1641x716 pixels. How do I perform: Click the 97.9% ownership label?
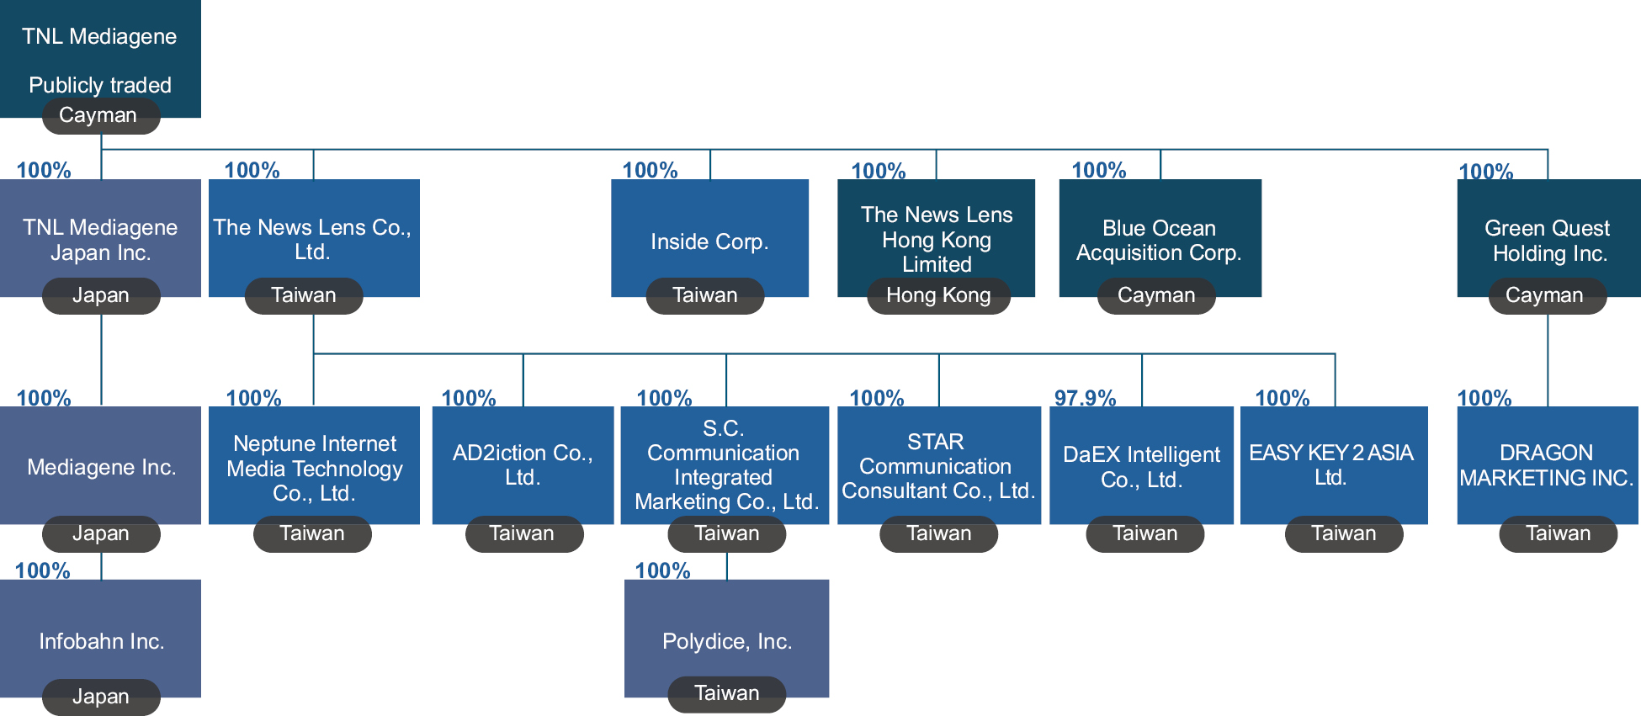point(1085,398)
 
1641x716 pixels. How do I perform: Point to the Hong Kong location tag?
point(938,296)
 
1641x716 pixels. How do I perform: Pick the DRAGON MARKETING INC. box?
point(1547,464)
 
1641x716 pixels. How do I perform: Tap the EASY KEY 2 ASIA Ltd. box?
point(1332,464)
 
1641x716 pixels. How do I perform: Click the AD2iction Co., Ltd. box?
point(523,464)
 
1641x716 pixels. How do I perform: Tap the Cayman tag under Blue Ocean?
point(1156,296)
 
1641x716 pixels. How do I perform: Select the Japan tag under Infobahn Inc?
point(101,697)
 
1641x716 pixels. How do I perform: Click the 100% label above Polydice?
point(662,571)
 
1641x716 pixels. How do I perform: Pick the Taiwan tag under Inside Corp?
point(705,296)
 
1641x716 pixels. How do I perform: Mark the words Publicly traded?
point(100,85)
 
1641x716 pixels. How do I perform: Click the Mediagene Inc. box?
point(101,466)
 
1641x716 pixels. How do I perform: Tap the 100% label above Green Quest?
point(1485,172)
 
